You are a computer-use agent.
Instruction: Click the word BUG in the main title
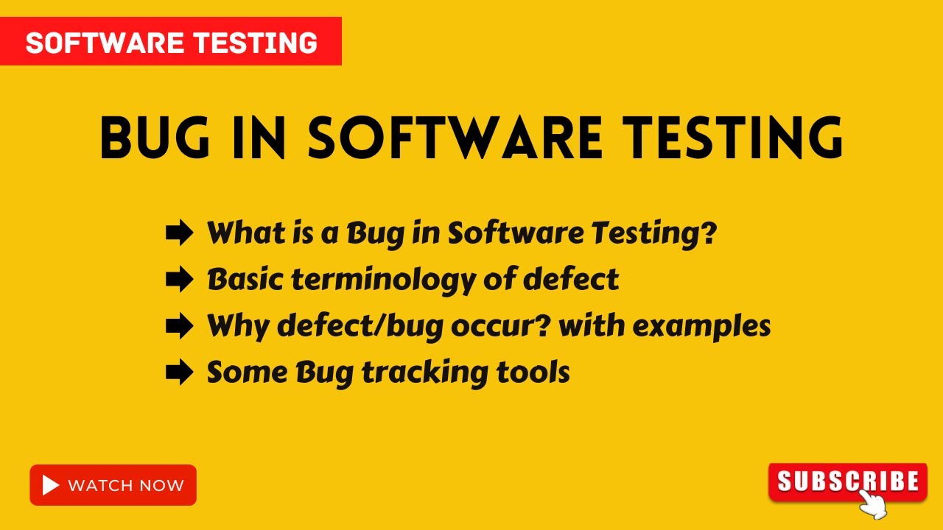[153, 138]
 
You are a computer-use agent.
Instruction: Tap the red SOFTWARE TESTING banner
[171, 43]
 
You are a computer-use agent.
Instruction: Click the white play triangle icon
[51, 485]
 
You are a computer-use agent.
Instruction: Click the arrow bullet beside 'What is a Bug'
[179, 234]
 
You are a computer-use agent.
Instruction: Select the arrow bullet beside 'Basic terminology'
[179, 280]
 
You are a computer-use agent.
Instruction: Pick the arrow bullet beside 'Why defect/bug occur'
[179, 326]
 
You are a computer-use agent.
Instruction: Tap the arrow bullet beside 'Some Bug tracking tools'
[179, 372]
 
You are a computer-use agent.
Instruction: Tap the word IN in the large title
[257, 138]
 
